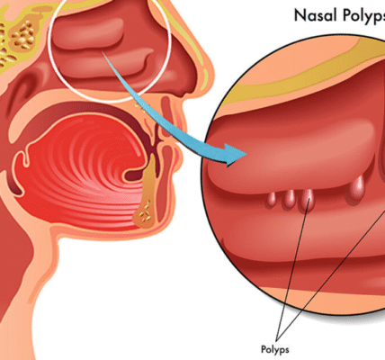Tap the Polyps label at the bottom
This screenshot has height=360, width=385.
(x=275, y=349)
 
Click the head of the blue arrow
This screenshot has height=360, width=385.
(x=235, y=155)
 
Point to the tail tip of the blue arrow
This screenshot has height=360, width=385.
(x=103, y=52)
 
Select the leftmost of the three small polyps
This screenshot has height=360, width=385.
(x=271, y=200)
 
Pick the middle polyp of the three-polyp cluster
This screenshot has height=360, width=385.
(x=289, y=199)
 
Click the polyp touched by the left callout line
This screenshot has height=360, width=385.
(x=307, y=200)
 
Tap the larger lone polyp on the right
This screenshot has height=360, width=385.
(x=356, y=190)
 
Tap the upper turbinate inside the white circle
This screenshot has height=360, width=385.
(x=90, y=33)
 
